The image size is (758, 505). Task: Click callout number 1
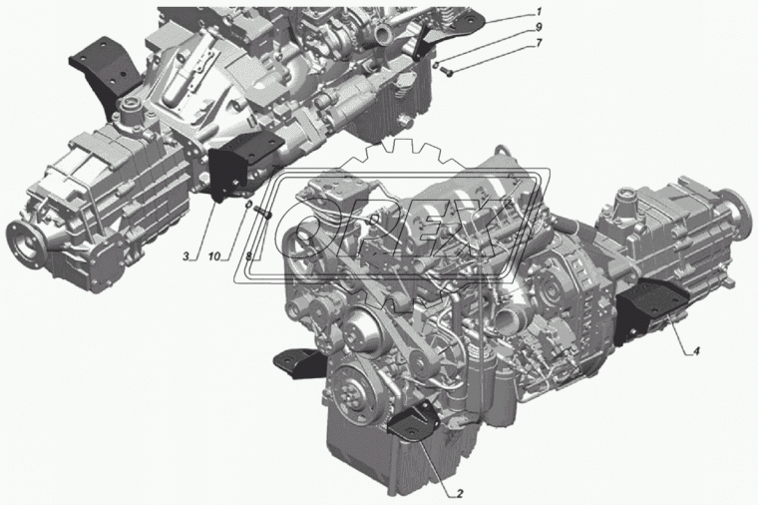[x=539, y=11]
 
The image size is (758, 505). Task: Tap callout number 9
[x=539, y=27]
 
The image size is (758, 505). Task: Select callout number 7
[x=539, y=44]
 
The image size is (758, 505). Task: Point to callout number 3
[x=187, y=256]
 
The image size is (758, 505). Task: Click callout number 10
[x=214, y=256]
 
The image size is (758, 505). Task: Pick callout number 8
[x=248, y=256]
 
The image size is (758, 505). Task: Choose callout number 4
[x=696, y=351]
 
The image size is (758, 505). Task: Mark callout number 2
[x=460, y=494]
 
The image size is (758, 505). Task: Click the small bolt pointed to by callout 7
[x=446, y=72]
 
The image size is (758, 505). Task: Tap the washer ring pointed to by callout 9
[x=435, y=65]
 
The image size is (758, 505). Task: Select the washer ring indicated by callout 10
[x=248, y=206]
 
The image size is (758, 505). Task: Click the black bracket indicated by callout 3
[x=240, y=166]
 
